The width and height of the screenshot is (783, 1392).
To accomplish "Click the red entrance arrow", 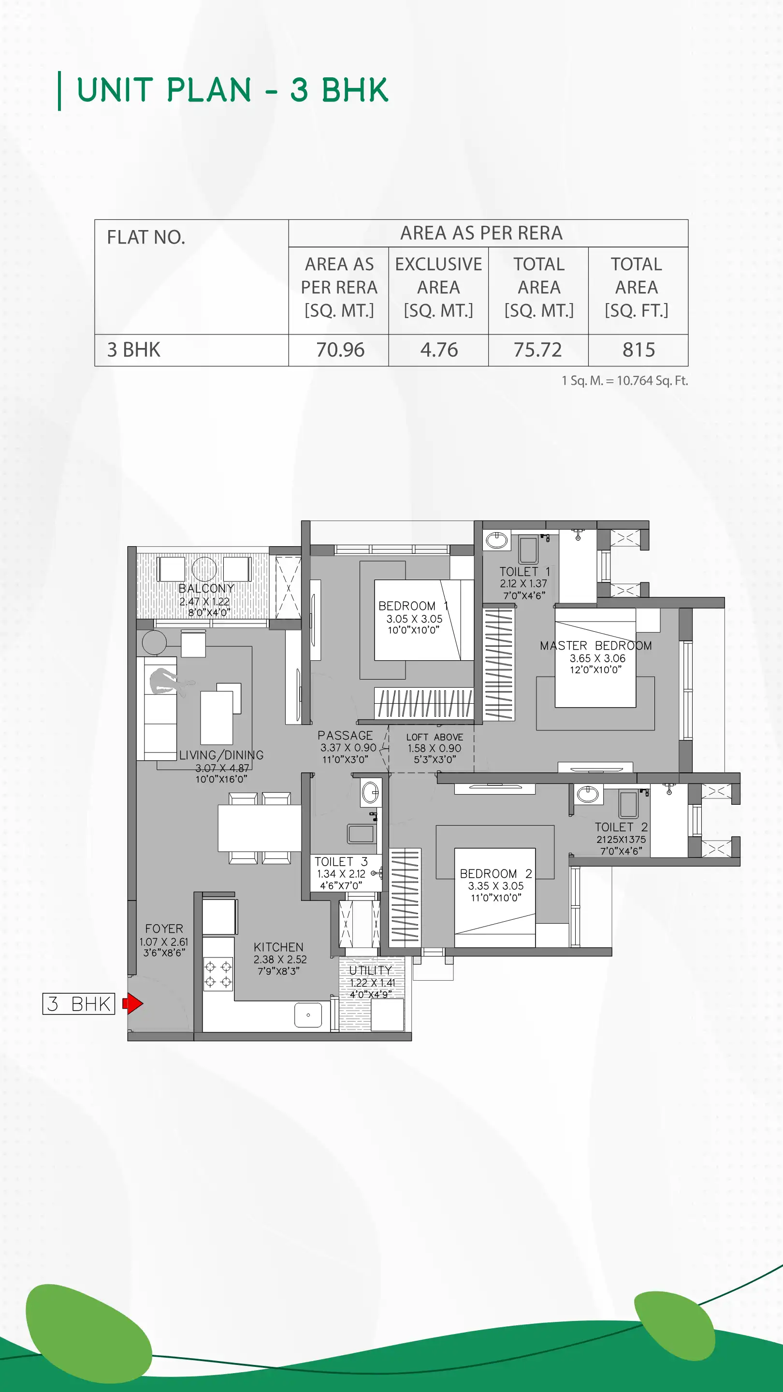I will pyautogui.click(x=133, y=1003).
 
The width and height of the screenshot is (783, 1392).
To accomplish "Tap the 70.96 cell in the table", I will pyautogui.click(x=340, y=349).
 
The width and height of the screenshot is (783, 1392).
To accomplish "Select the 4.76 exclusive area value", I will pyautogui.click(x=439, y=349).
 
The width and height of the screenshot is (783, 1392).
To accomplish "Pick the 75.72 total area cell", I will pyautogui.click(x=537, y=349).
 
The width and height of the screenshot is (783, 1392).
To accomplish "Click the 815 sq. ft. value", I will pyautogui.click(x=638, y=349).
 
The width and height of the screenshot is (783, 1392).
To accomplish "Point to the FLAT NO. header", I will pyautogui.click(x=146, y=237).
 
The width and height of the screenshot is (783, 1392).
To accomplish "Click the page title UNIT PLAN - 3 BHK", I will pyautogui.click(x=232, y=90).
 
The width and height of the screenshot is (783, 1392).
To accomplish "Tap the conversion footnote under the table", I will pyautogui.click(x=624, y=380).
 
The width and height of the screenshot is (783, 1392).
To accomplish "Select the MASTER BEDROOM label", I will pyautogui.click(x=595, y=646).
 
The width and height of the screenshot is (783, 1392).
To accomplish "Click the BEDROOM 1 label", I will pyautogui.click(x=413, y=606).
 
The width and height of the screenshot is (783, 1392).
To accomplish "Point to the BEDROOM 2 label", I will pyautogui.click(x=495, y=873).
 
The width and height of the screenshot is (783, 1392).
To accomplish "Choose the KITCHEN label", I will pyautogui.click(x=278, y=947).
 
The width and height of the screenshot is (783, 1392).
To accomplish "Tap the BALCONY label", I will pyautogui.click(x=206, y=588).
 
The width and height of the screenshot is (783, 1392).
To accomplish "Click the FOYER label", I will pyautogui.click(x=164, y=928).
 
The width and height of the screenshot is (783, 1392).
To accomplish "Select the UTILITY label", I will pyautogui.click(x=370, y=970).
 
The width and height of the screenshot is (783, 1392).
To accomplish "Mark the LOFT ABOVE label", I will pyautogui.click(x=435, y=737).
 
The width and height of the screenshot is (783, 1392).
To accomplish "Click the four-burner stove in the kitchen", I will pyautogui.click(x=218, y=974).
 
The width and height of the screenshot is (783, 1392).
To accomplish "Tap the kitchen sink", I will pyautogui.click(x=308, y=1015).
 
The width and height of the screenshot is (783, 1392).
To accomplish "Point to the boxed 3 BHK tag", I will pyautogui.click(x=79, y=1003).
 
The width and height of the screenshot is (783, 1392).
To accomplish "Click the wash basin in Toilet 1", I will pyautogui.click(x=496, y=540).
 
